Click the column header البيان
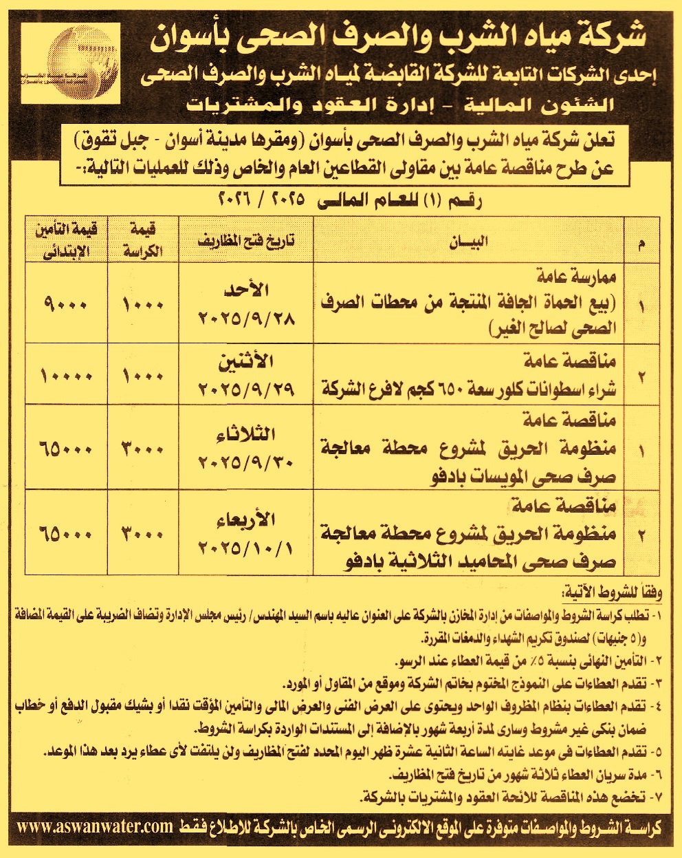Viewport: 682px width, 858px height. pyautogui.click(x=470, y=242)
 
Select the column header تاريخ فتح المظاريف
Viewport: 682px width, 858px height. pyautogui.click(x=246, y=242)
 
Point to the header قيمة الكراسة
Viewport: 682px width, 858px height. pyautogui.click(x=142, y=241)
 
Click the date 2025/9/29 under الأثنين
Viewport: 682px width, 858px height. pyautogui.click(x=246, y=389)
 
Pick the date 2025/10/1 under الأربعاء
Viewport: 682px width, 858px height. pyautogui.click(x=246, y=548)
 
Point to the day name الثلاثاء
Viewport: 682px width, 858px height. pyautogui.click(x=246, y=434)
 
